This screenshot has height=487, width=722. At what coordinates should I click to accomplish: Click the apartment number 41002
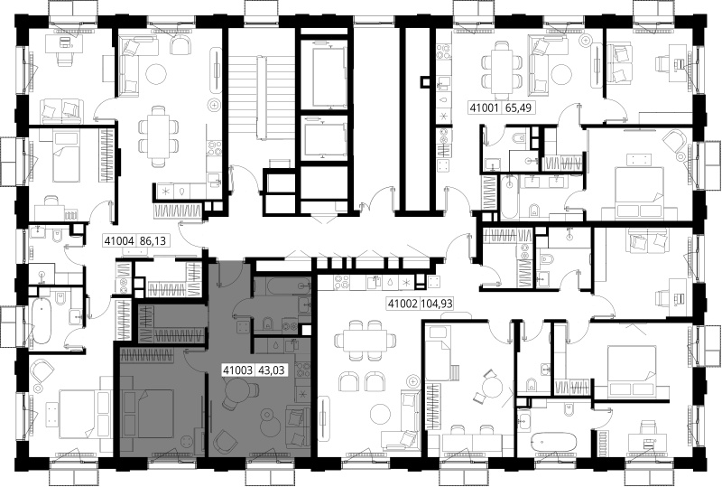403,304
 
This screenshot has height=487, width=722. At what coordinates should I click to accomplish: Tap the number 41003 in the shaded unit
237,370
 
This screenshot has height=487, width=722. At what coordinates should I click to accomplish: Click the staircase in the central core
260,98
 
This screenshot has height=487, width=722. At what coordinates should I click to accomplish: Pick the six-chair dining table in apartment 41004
159,136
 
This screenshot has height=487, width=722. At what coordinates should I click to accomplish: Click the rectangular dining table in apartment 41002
367,341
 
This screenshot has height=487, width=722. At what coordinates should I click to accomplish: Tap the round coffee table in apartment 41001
561,74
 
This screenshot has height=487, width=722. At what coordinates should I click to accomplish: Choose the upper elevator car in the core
328,76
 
